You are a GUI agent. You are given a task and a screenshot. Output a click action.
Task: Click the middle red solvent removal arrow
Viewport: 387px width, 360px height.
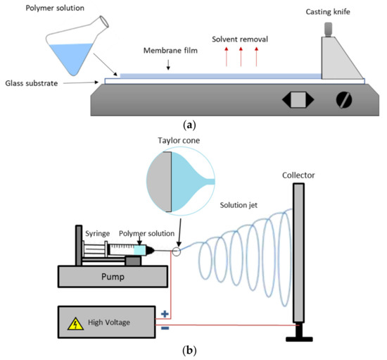coord(241,56)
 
